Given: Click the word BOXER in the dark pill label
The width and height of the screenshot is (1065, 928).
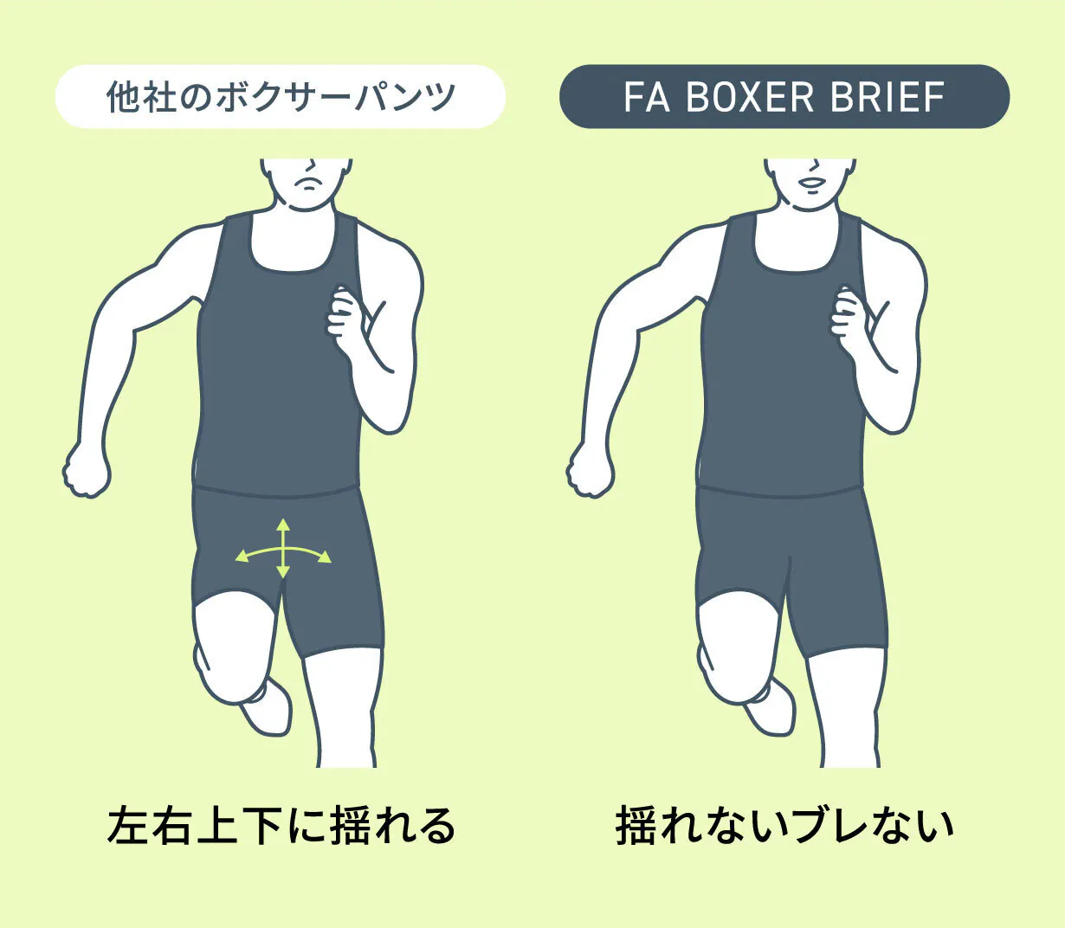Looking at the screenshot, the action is (750, 97).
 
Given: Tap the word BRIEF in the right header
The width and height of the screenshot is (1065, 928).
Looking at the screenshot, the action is (887, 97).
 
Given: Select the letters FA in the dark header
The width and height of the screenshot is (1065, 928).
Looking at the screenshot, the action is (647, 97).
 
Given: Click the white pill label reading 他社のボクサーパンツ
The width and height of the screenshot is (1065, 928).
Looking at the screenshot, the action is (281, 97).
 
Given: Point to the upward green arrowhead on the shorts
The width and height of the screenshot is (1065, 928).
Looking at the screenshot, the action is (282, 524).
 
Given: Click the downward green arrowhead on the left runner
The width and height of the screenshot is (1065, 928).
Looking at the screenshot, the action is (282, 572).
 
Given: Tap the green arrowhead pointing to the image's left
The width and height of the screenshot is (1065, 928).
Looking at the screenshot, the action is (242, 556).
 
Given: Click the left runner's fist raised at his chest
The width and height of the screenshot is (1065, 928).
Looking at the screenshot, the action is (344, 315).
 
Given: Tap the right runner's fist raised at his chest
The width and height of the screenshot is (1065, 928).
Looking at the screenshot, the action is (847, 315).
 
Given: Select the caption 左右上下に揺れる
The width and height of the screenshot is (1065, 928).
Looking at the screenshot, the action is (281, 825).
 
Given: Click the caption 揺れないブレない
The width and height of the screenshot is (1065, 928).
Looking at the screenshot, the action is (784, 825).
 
